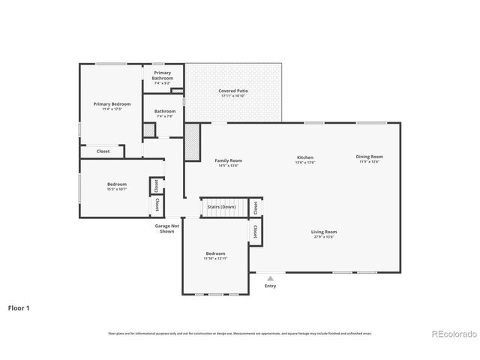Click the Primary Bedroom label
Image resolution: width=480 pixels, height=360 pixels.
point(112,103)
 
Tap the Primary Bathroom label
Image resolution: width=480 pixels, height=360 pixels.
point(163,75)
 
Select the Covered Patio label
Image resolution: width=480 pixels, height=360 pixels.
point(234,91)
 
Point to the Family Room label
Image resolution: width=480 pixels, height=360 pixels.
point(228,160)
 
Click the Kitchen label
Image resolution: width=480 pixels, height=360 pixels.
point(304,157)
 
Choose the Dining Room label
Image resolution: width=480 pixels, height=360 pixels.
point(369,157)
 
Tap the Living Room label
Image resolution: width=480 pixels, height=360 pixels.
point(324,232)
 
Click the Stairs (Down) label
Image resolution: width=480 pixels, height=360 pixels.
point(221,206)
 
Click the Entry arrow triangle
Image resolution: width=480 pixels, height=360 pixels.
point(270,277)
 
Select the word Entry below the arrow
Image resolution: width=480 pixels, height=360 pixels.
point(270,286)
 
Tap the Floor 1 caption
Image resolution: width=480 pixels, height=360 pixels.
point(19,307)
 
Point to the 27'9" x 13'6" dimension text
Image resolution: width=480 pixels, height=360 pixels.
point(324,237)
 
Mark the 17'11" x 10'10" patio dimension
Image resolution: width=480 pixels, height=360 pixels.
point(234,96)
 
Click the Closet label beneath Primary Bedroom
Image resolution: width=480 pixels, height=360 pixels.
point(103,151)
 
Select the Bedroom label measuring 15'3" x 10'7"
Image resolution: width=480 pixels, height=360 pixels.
point(116,184)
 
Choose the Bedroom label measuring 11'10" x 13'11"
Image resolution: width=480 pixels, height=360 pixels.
point(215,253)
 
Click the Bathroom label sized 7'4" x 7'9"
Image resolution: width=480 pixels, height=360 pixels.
point(165,111)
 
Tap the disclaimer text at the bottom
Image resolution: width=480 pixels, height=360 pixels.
point(239,333)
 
